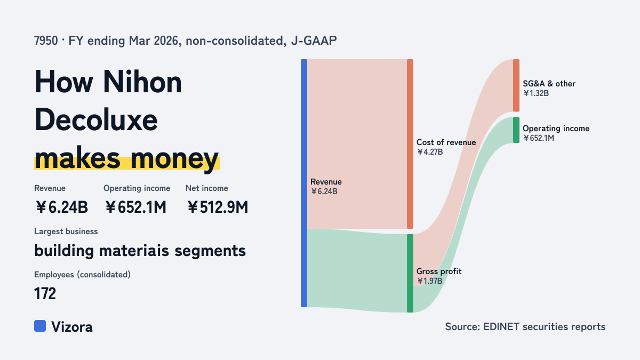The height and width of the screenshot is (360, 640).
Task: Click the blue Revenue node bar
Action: pos(304,183)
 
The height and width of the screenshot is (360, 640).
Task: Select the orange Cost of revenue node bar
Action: pos(410,144)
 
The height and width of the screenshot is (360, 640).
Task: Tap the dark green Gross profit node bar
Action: pos(410,273)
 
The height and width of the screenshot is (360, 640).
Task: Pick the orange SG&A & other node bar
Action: pos(516,85)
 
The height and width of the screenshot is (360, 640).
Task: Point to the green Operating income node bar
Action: pos(516,130)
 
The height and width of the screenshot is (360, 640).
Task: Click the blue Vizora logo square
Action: pos(40,326)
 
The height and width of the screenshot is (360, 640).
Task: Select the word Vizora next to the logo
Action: pos(71,327)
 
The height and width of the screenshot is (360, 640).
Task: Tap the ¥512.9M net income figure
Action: pos(218,207)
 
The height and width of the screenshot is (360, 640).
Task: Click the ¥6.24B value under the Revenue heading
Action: pos(61,207)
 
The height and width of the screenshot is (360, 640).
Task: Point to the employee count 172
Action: pos(45,293)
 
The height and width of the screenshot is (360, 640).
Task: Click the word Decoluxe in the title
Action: pos(96,120)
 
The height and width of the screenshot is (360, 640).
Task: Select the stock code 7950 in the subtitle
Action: pos(46,41)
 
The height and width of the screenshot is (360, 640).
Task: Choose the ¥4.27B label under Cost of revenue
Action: pos(430,151)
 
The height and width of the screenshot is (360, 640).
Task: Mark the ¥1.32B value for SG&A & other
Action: pos(536,93)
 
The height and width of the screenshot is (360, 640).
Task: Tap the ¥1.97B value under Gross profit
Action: pos(429,281)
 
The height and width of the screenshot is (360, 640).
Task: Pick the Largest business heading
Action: pos(66,231)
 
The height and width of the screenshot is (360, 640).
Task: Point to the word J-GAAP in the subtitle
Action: pos(314,41)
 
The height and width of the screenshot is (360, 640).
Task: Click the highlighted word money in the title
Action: pos(174,159)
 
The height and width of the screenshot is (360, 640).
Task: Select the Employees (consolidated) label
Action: pos(82,275)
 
